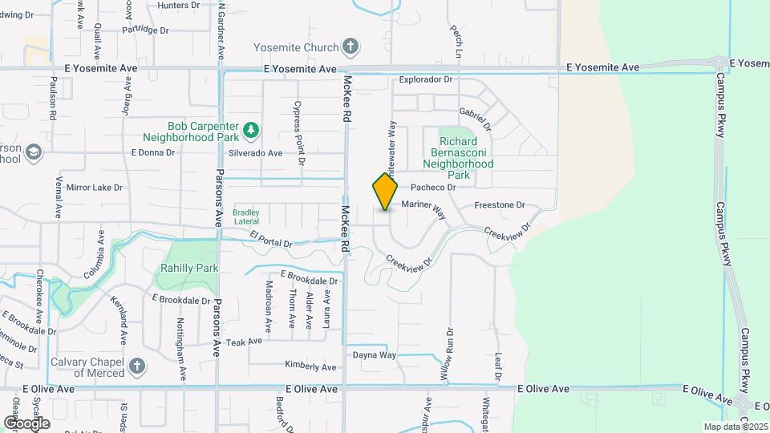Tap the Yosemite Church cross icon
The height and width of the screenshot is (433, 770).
point(350,47)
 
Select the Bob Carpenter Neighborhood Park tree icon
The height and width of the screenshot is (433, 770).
point(252,128)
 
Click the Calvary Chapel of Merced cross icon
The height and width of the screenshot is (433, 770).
point(137,367)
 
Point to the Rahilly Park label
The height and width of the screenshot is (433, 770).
point(189,269)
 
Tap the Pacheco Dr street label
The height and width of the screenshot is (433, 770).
point(433,188)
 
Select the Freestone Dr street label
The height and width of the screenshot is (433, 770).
point(499,205)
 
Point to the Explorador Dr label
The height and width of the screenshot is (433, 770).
point(426,80)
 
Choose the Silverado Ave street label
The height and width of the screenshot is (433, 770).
point(256,153)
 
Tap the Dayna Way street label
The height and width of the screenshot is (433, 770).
point(375,355)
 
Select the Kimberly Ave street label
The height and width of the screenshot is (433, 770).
point(310,366)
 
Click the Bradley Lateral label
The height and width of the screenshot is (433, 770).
point(246,216)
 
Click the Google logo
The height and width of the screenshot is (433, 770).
point(26,423)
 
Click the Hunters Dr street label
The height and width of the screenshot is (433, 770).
point(179,6)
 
